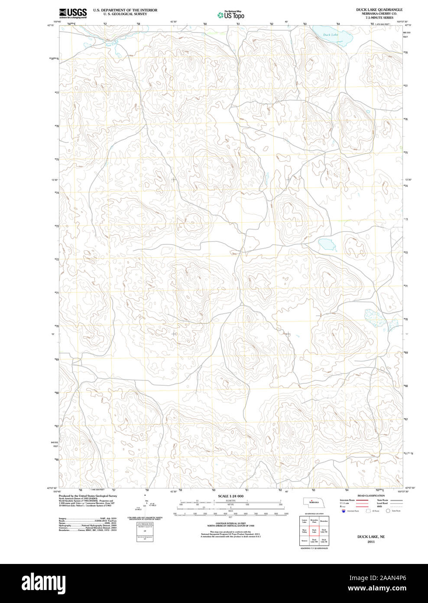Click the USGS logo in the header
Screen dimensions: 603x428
(73, 13)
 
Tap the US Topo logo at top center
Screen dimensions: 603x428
(231, 15)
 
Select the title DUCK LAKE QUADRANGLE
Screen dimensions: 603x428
(379, 10)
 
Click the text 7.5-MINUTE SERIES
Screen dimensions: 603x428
(379, 18)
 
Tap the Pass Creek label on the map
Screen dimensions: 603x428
(111, 43)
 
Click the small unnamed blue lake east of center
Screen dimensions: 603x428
(327, 245)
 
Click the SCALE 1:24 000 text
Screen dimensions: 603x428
(230, 496)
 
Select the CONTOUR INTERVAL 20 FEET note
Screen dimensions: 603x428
(230, 523)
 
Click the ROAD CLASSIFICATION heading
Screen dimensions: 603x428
(370, 495)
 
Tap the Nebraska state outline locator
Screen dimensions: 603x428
(313, 502)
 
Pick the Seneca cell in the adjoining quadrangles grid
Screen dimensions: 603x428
(305, 541)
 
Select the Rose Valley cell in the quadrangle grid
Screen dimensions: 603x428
(305, 531)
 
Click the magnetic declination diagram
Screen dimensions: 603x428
(147, 504)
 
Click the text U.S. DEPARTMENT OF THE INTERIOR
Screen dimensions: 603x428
(125, 10)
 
